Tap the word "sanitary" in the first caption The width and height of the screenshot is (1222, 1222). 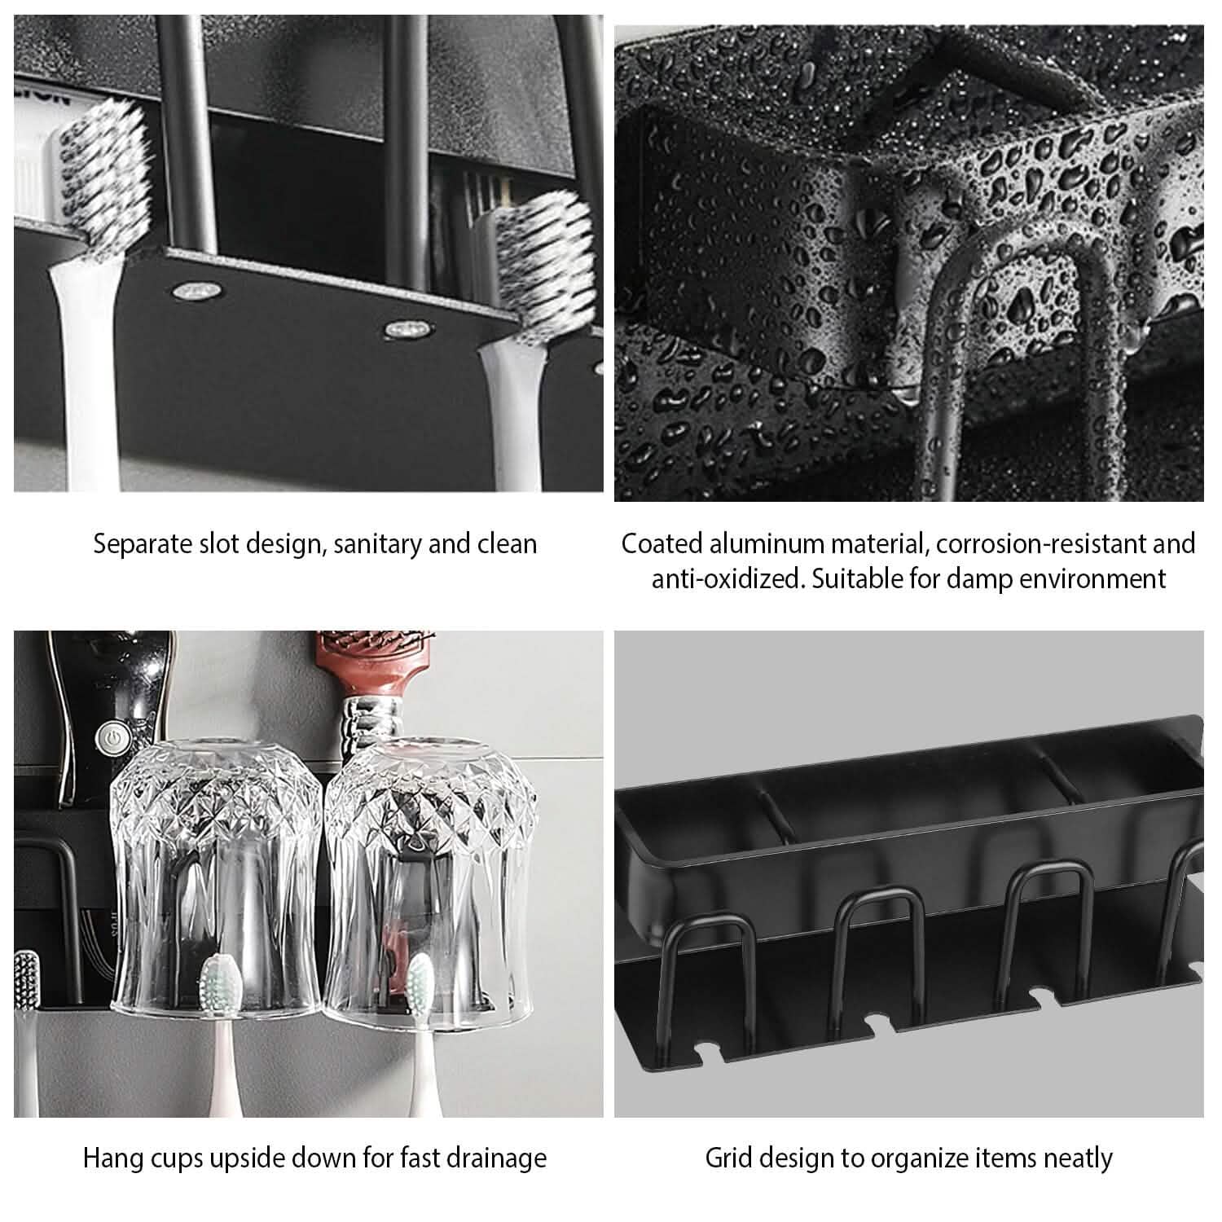pyautogui.click(x=376, y=543)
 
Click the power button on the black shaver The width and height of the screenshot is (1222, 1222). pyautogui.click(x=108, y=738)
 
